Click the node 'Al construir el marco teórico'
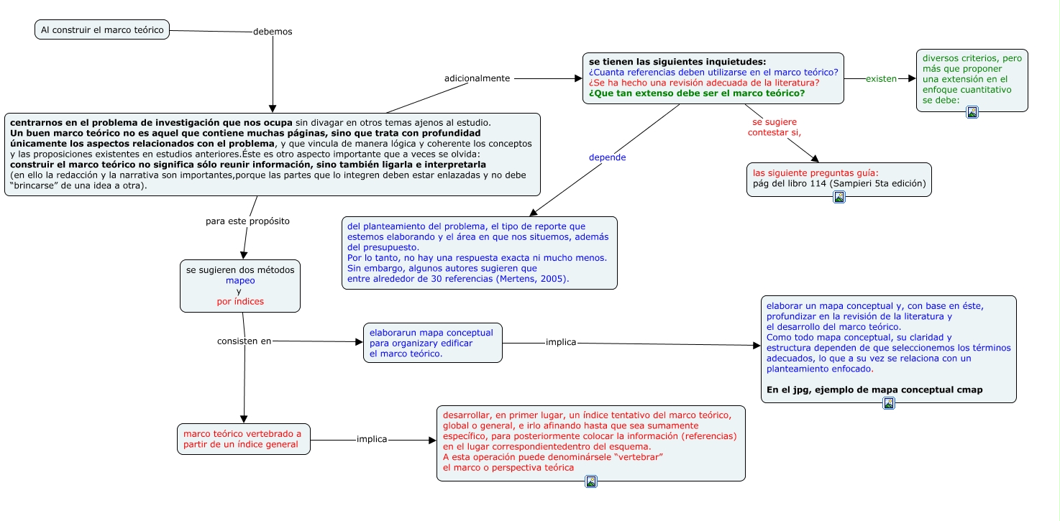click(102, 29)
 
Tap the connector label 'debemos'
click(273, 32)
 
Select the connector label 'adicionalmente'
click(478, 78)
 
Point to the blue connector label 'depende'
click(607, 157)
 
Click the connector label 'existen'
click(881, 78)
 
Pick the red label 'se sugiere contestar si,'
click(775, 127)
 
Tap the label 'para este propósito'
click(247, 221)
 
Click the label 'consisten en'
click(245, 341)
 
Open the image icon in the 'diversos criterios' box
click(972, 112)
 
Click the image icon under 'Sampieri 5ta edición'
click(839, 197)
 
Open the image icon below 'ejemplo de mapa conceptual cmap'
click(888, 403)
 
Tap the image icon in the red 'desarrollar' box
click(590, 481)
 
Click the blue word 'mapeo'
click(240, 281)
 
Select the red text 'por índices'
click(240, 301)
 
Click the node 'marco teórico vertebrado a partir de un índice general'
click(243, 439)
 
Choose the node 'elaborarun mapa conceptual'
click(432, 343)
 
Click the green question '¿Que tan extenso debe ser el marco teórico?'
click(696, 93)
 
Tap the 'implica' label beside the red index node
click(372, 439)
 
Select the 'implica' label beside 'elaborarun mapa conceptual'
click(561, 342)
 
